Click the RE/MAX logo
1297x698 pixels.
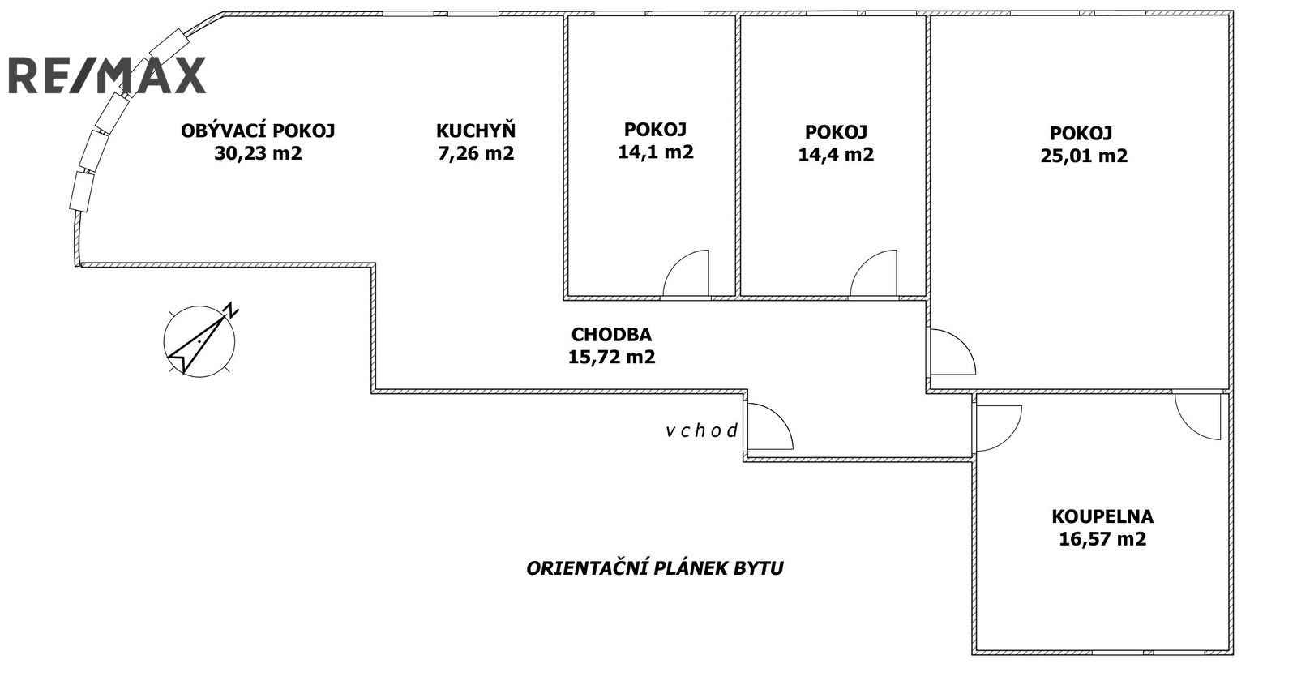click(x=107, y=75)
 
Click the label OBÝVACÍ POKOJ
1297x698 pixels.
click(x=258, y=131)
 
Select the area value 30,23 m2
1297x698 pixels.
click(x=258, y=153)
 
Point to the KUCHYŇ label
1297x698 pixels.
click(x=476, y=131)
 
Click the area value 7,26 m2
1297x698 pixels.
click(x=476, y=153)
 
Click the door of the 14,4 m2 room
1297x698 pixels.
click(x=875, y=274)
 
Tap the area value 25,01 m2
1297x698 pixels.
click(x=1084, y=156)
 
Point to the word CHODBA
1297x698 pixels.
click(x=611, y=334)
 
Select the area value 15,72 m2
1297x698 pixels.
click(x=611, y=357)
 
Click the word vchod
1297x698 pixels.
click(x=702, y=431)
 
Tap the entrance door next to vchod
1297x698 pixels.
click(x=768, y=426)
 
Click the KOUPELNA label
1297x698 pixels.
click(x=1102, y=516)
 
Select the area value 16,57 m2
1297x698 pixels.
click(x=1102, y=539)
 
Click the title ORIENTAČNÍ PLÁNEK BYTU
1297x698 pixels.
click(x=655, y=568)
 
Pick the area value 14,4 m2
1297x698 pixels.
click(x=836, y=154)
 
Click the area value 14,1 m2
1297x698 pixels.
click(x=655, y=152)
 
